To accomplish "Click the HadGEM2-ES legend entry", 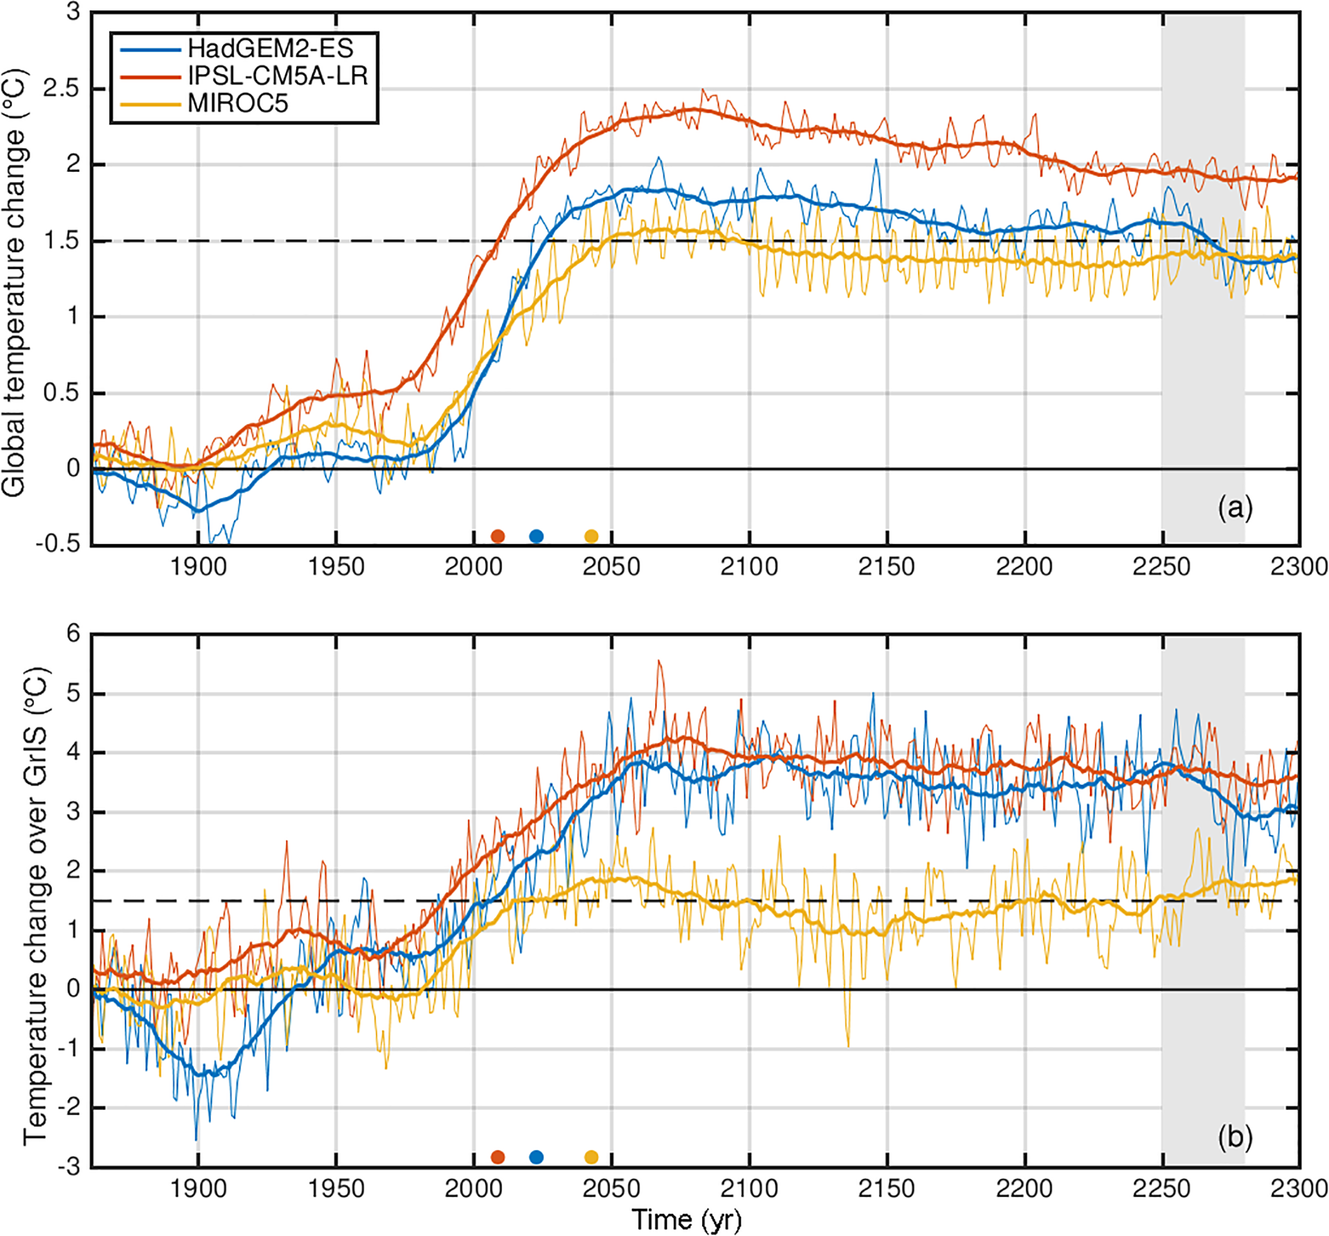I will click(x=270, y=49).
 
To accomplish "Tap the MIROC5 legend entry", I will click(x=238, y=104).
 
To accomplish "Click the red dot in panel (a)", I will click(x=498, y=536).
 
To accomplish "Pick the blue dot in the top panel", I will click(x=536, y=536).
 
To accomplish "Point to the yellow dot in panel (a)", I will click(x=591, y=536).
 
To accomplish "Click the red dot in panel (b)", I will click(x=498, y=1157).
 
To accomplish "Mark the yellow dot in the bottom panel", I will click(x=591, y=1157).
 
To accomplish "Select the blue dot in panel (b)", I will click(x=536, y=1157).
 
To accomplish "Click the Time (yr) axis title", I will click(x=687, y=1219).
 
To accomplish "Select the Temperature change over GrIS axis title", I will click(x=37, y=905).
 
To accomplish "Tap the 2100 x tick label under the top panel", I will click(x=749, y=567).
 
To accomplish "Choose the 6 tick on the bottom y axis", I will click(x=73, y=634).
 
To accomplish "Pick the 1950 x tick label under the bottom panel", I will click(x=336, y=1188).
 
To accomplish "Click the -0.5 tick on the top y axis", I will click(x=57, y=544).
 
